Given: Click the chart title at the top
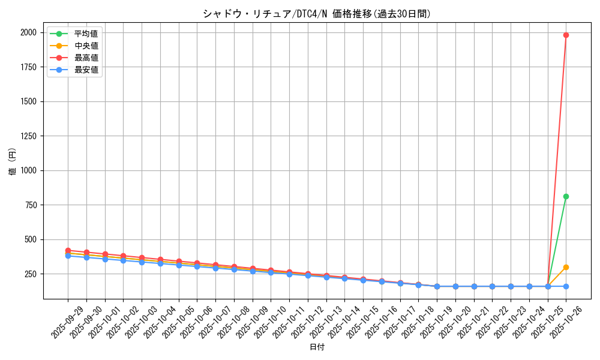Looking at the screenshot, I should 316,14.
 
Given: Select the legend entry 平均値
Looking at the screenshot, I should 86,34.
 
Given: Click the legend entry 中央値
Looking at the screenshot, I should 86,46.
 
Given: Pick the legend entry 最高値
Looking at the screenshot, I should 86,58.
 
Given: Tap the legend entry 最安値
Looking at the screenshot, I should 86,70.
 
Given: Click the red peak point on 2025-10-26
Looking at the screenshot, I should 566,35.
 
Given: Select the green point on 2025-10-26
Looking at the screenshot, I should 566,196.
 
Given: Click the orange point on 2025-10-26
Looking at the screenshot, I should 566,267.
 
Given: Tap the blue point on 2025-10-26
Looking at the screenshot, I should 566,286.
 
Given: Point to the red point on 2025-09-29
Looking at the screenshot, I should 68,250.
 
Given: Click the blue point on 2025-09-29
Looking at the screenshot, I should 68,256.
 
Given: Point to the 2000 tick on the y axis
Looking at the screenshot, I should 28,32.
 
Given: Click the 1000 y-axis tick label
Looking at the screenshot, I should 28,170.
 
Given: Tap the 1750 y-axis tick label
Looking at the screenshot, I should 28,67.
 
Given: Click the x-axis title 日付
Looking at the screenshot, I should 316,347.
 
